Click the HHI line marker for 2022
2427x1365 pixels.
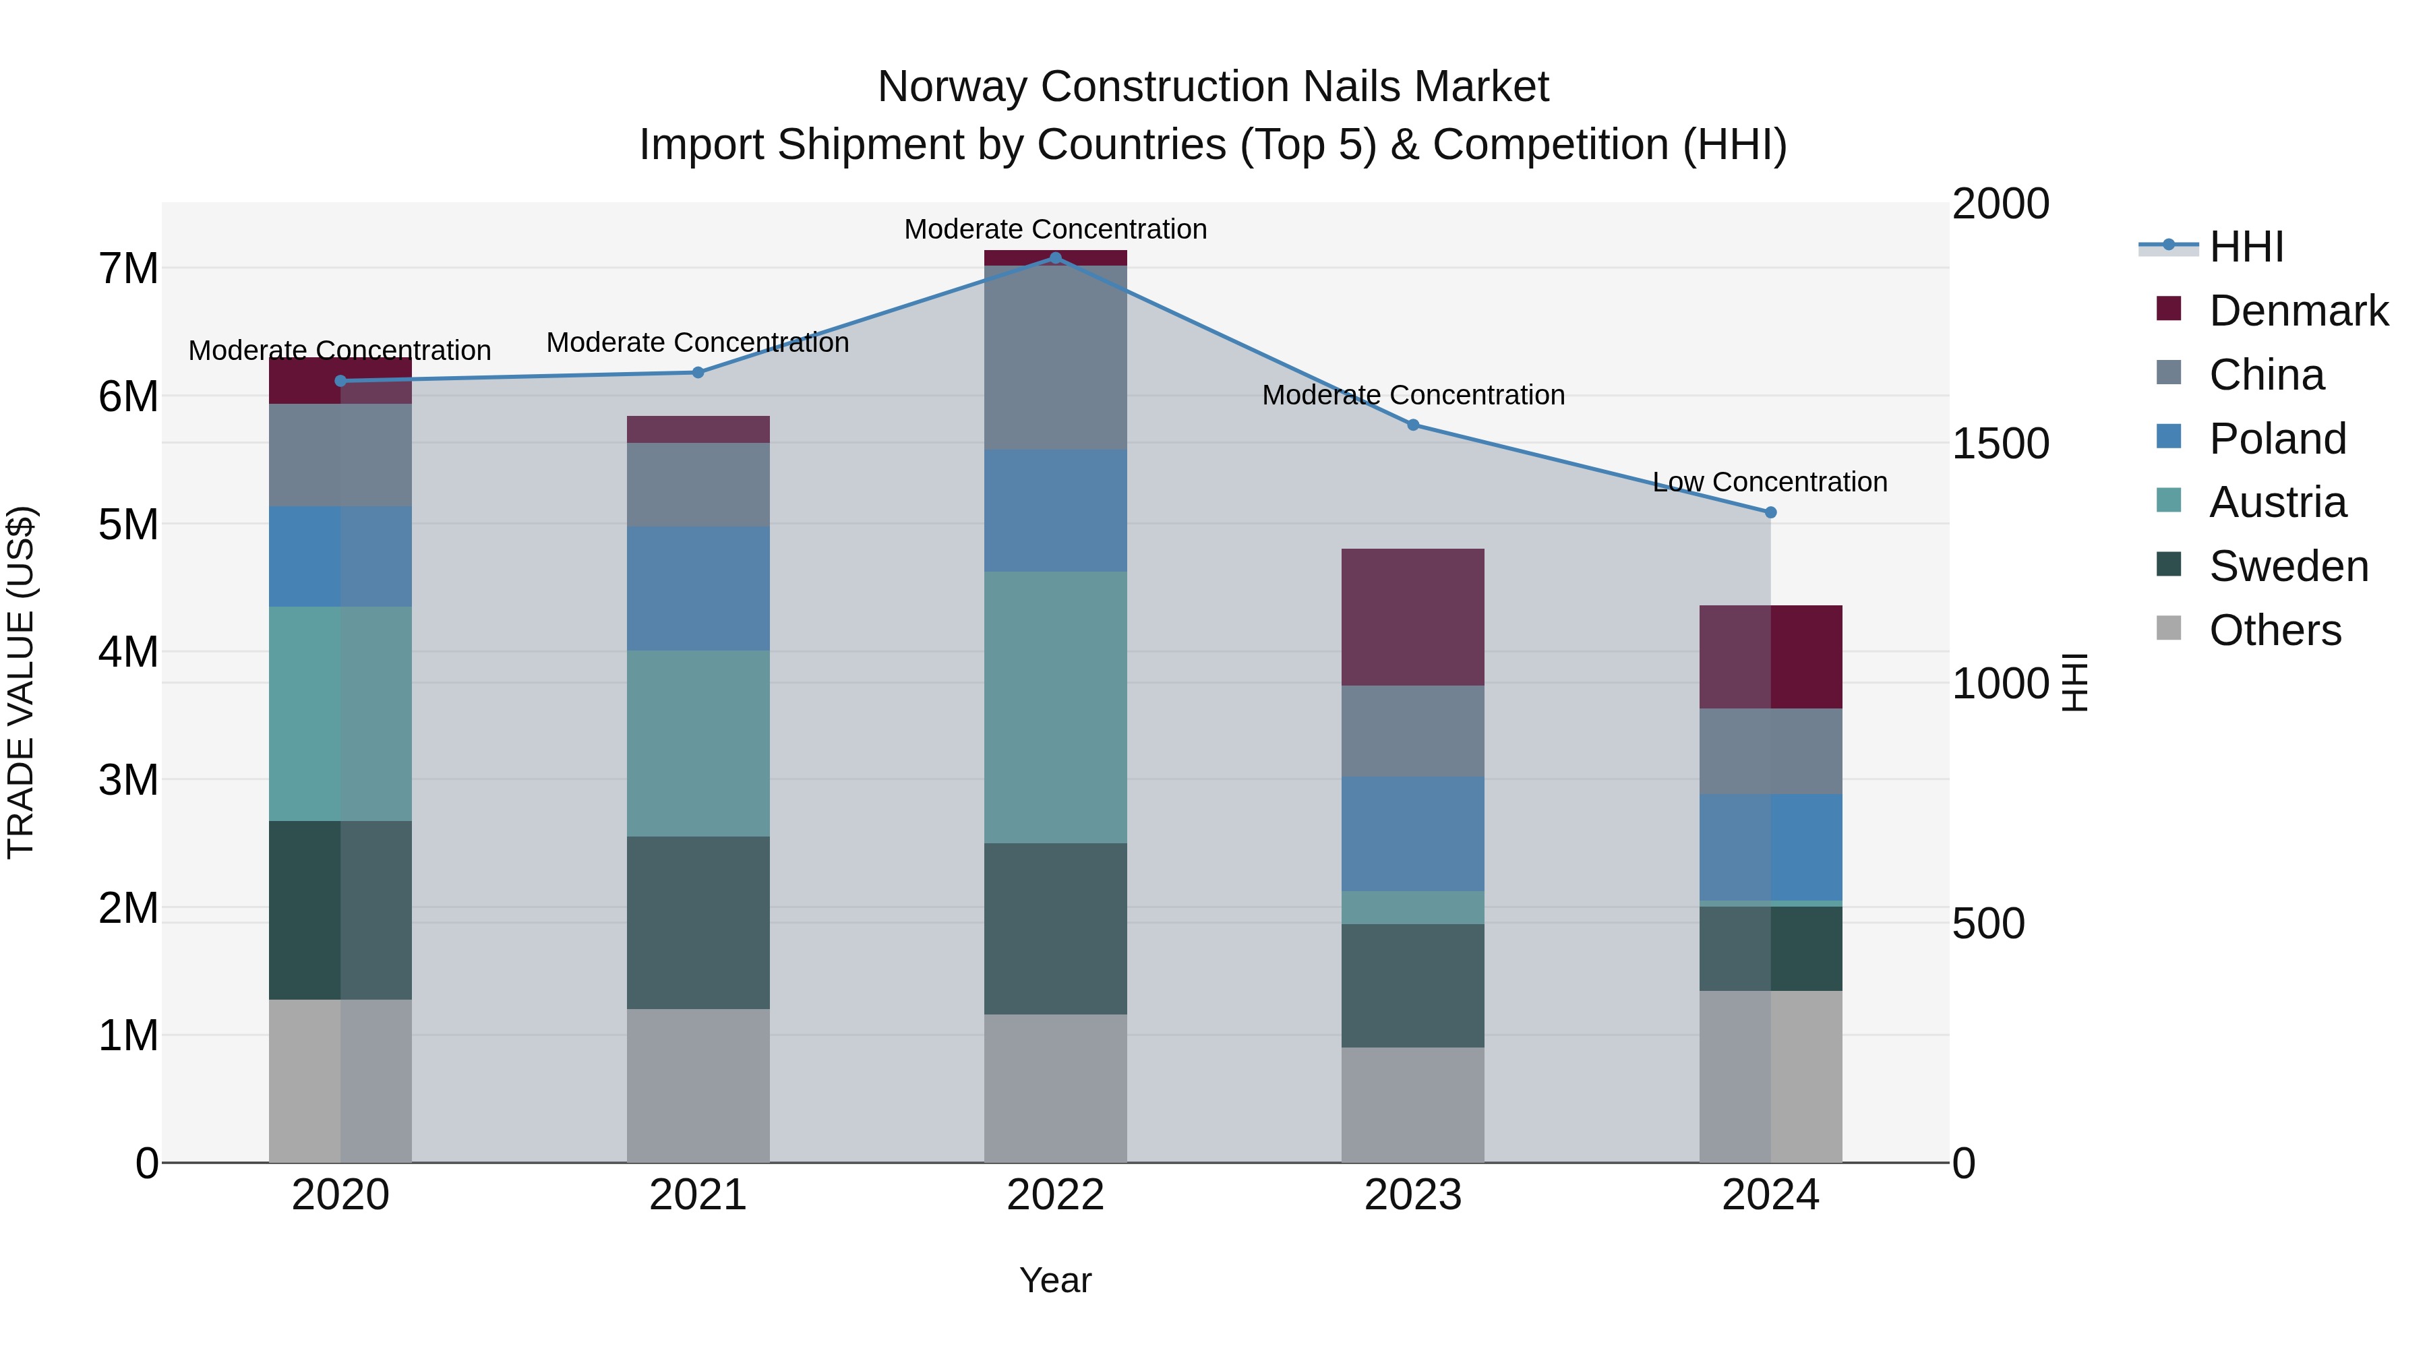click(1055, 257)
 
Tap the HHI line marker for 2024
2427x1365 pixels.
click(1770, 512)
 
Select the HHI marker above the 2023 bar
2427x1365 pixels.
click(1413, 425)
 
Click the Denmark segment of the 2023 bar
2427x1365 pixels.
click(1413, 617)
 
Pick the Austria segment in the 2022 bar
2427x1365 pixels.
click(1055, 706)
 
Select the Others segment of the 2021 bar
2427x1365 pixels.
click(698, 1085)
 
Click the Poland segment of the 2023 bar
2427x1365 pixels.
click(1413, 834)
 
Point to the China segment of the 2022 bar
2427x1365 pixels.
click(1055, 358)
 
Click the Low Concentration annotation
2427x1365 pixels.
click(1770, 483)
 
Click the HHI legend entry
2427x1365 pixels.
click(2246, 247)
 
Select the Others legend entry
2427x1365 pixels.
click(2275, 630)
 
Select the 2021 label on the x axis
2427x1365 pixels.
click(698, 1195)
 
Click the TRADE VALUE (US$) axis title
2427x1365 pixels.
click(21, 682)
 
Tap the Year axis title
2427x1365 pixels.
click(1055, 1280)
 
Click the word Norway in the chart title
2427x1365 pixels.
click(953, 87)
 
